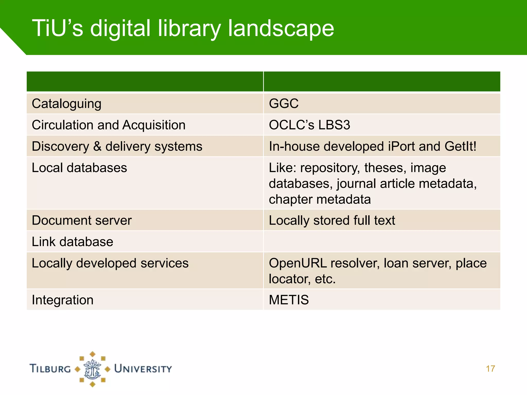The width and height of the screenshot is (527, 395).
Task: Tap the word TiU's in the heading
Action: point(57,28)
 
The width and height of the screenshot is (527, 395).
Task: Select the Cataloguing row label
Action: point(66,104)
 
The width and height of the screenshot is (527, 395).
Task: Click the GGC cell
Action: point(284,104)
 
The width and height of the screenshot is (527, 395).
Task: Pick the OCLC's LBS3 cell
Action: point(309,125)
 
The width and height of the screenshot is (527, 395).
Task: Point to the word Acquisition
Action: point(154,125)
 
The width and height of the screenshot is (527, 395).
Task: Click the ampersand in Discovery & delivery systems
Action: point(97,146)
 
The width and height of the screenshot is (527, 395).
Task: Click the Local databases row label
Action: point(79,168)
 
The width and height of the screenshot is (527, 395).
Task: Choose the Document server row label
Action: point(82,220)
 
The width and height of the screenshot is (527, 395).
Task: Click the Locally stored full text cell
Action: point(332,220)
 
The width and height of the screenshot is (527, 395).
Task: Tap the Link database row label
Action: point(72,242)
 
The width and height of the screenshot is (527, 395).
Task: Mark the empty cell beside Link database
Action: point(382,242)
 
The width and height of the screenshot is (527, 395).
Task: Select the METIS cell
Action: point(289,300)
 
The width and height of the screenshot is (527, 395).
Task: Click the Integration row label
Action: point(63,300)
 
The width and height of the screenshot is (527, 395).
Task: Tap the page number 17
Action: point(490,369)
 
